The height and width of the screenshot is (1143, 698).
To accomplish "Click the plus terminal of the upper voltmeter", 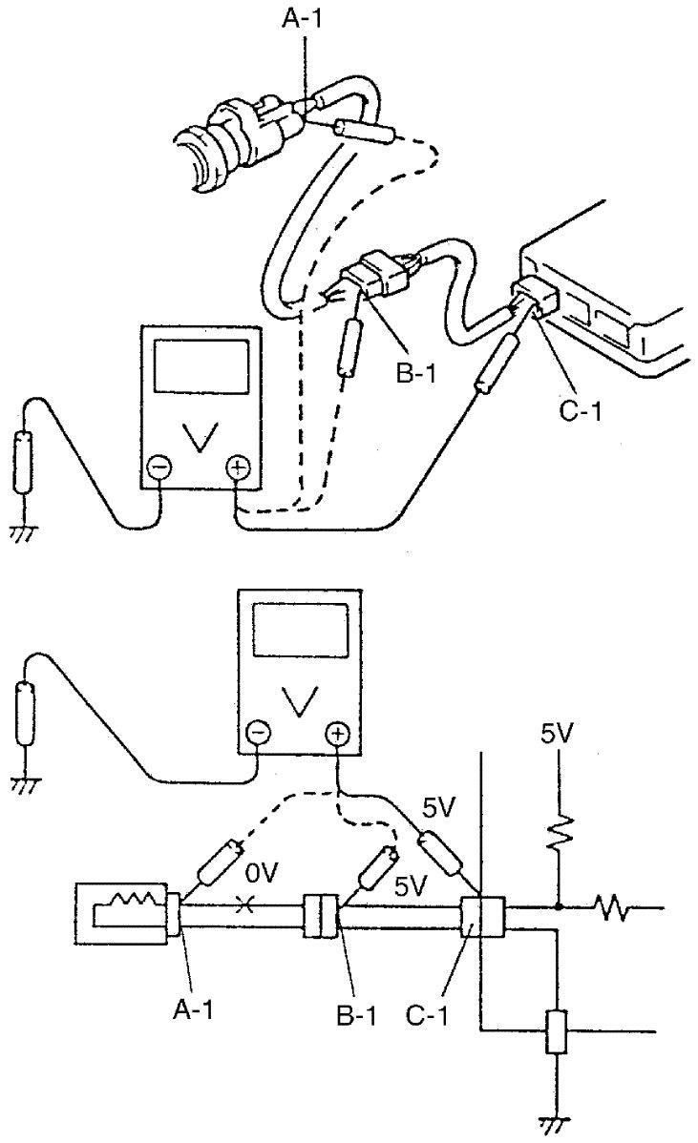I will [x=235, y=468].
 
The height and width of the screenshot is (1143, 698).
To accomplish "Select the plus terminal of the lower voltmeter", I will [x=337, y=733].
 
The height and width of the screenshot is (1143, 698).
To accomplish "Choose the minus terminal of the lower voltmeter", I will [x=259, y=733].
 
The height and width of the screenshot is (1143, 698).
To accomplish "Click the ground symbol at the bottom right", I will [x=553, y=1127].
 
